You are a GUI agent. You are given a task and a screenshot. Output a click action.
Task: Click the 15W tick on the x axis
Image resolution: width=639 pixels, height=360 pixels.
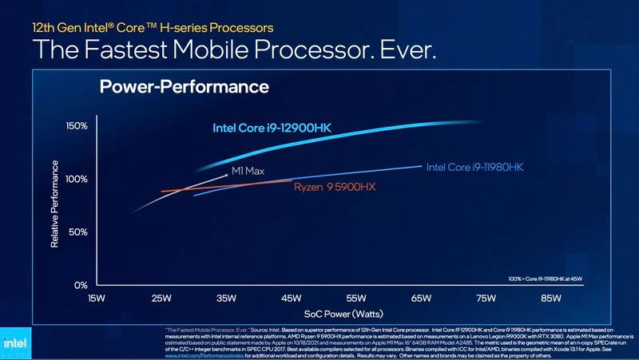[97, 299]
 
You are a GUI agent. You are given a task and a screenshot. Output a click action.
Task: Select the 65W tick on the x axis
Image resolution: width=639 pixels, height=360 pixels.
[422, 299]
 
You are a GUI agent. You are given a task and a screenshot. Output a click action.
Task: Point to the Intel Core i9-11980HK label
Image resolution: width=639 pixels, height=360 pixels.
[474, 168]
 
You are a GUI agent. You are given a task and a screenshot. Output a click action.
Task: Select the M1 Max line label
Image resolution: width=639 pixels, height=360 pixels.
[247, 171]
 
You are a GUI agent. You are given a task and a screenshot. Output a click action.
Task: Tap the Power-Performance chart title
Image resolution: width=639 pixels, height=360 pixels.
[184, 86]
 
